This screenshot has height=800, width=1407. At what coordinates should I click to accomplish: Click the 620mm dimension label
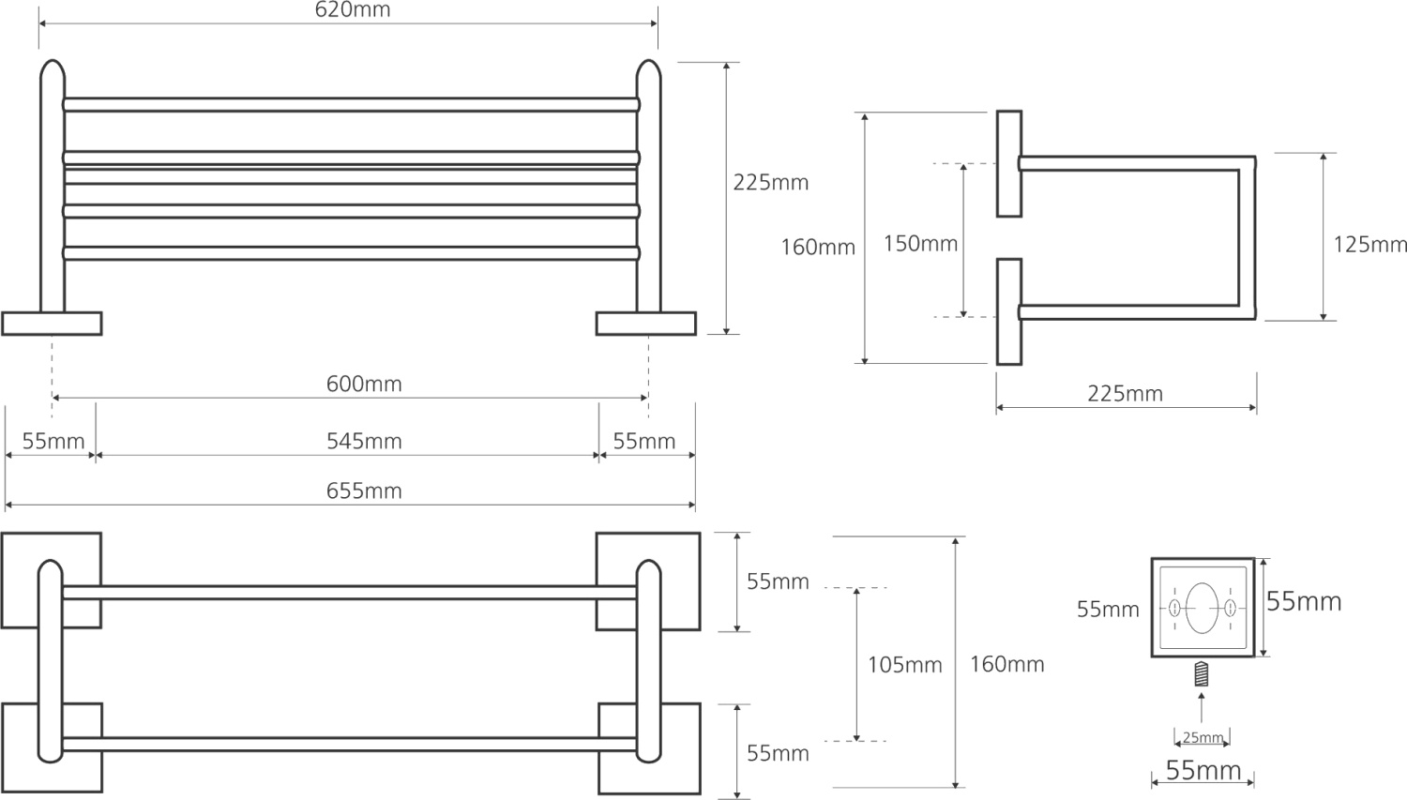point(353,10)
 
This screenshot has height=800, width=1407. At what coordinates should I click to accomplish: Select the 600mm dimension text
point(364,384)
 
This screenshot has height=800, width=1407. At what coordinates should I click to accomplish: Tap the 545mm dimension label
point(364,441)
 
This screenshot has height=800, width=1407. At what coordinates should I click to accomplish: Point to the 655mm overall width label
point(364,491)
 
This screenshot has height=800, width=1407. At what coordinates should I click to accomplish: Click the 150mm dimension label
point(920,244)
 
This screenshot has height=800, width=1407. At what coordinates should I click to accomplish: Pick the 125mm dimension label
point(1369,245)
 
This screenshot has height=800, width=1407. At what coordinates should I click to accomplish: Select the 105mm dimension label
point(904,665)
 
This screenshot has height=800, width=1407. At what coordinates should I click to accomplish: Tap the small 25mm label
point(1203,738)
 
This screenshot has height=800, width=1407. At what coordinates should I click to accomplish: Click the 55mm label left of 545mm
point(53,441)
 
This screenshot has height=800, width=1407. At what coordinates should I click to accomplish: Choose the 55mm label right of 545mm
point(643,441)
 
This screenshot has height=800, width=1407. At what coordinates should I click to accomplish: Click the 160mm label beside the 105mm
point(1006,665)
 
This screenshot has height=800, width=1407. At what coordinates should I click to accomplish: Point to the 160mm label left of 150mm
point(818,248)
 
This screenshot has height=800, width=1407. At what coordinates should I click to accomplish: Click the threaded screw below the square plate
point(1202,674)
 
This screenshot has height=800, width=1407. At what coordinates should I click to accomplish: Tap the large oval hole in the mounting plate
point(1202,608)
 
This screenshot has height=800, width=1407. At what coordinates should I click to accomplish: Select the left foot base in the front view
point(52,324)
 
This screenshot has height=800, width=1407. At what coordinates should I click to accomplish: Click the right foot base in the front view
point(646,324)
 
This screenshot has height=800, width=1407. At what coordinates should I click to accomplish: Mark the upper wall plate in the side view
point(1009,164)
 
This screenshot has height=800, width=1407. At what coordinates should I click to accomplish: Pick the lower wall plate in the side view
point(1009,311)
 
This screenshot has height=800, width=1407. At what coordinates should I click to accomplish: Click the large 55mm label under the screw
point(1203,770)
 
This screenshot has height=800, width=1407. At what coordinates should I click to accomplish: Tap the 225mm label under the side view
point(1125,394)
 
